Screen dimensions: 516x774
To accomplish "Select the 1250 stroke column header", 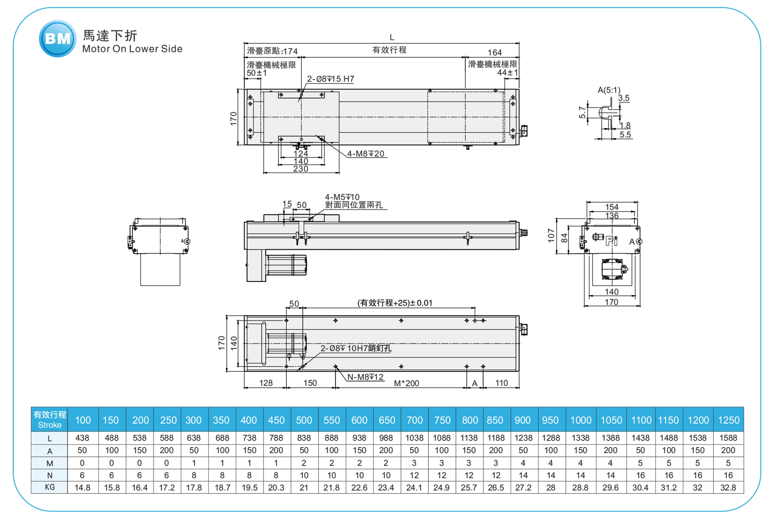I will [728, 420].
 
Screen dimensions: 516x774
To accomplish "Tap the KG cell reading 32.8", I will [728, 487].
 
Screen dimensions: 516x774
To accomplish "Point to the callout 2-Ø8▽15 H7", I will [330, 79].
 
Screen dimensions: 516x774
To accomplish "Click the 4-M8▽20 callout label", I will [366, 154].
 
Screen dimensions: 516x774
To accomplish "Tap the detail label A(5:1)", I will [609, 90].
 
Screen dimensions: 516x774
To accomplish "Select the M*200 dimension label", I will [406, 383].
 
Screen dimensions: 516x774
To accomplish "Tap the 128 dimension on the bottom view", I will [266, 383].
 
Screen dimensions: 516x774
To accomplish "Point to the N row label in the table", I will [50, 475].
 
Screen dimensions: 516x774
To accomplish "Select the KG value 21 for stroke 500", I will [304, 487].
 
